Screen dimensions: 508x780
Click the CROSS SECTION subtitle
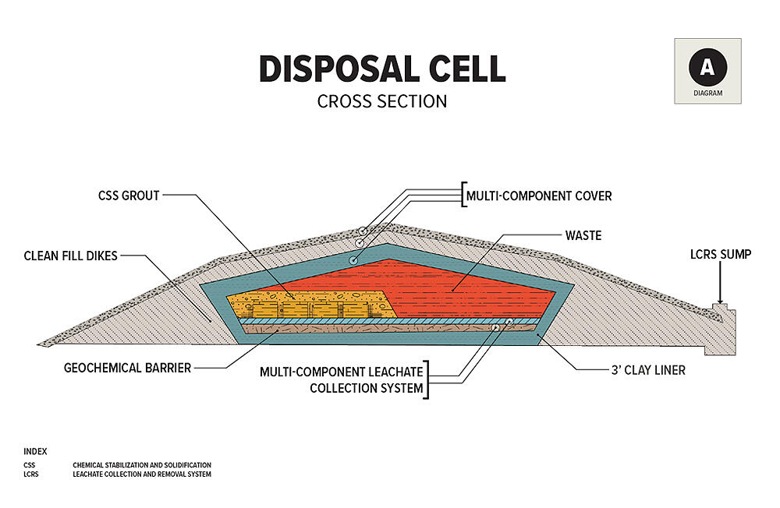tap(382, 101)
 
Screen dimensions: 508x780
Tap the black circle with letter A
tap(707, 68)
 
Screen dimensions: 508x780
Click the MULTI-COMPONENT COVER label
tap(539, 196)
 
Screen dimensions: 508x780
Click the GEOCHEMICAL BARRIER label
tap(127, 367)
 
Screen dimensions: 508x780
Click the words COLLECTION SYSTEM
tap(367, 387)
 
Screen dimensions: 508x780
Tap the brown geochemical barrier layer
tap(351, 330)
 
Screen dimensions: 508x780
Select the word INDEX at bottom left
tap(35, 451)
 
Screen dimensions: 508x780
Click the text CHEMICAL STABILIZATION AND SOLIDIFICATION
tap(142, 465)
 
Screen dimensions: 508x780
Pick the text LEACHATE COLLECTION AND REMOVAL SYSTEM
tap(142, 474)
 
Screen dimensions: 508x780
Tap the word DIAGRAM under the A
tap(707, 93)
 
